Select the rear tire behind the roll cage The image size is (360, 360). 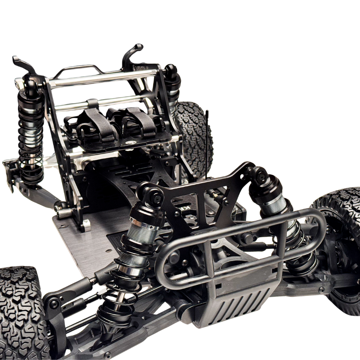[x=193, y=133]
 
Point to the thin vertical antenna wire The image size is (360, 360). [x=207, y=140]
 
